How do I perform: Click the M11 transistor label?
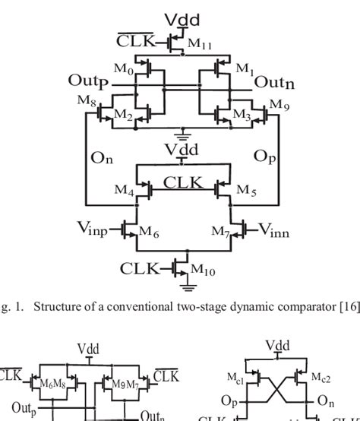point(199,43)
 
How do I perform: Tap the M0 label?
point(123,69)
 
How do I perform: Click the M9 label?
point(279,103)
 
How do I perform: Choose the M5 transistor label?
point(247,191)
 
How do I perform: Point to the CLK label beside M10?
point(140,268)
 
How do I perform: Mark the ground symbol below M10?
point(185,286)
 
